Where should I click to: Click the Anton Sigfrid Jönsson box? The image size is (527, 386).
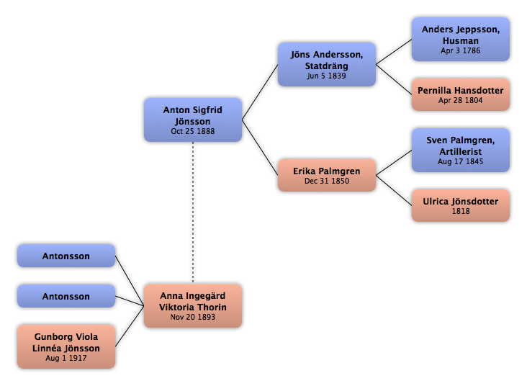193,120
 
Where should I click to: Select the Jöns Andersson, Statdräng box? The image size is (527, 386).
327,64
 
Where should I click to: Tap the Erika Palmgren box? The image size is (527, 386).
327,175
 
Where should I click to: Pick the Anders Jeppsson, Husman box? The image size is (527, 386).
461,39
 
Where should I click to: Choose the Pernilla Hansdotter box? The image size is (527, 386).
461,94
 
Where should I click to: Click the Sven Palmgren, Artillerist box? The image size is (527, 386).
461,150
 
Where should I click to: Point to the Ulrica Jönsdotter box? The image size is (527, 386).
461,205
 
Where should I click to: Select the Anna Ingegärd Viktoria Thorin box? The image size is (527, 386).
193,305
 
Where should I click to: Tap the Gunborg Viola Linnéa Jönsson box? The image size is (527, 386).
66,346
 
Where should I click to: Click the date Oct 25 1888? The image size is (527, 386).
193,132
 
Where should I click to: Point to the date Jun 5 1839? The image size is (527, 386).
326,76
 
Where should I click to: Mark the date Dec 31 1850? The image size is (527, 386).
327,181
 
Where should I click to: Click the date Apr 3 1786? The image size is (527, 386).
461,51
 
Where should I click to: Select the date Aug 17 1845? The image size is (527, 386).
461,162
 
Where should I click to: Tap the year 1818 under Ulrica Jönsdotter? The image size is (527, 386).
461,211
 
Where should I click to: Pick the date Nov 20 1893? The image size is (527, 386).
193,317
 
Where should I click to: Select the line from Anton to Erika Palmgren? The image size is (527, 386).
260,148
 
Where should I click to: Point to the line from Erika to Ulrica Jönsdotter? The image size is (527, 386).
394,190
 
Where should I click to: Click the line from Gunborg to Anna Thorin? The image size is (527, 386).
130,326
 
